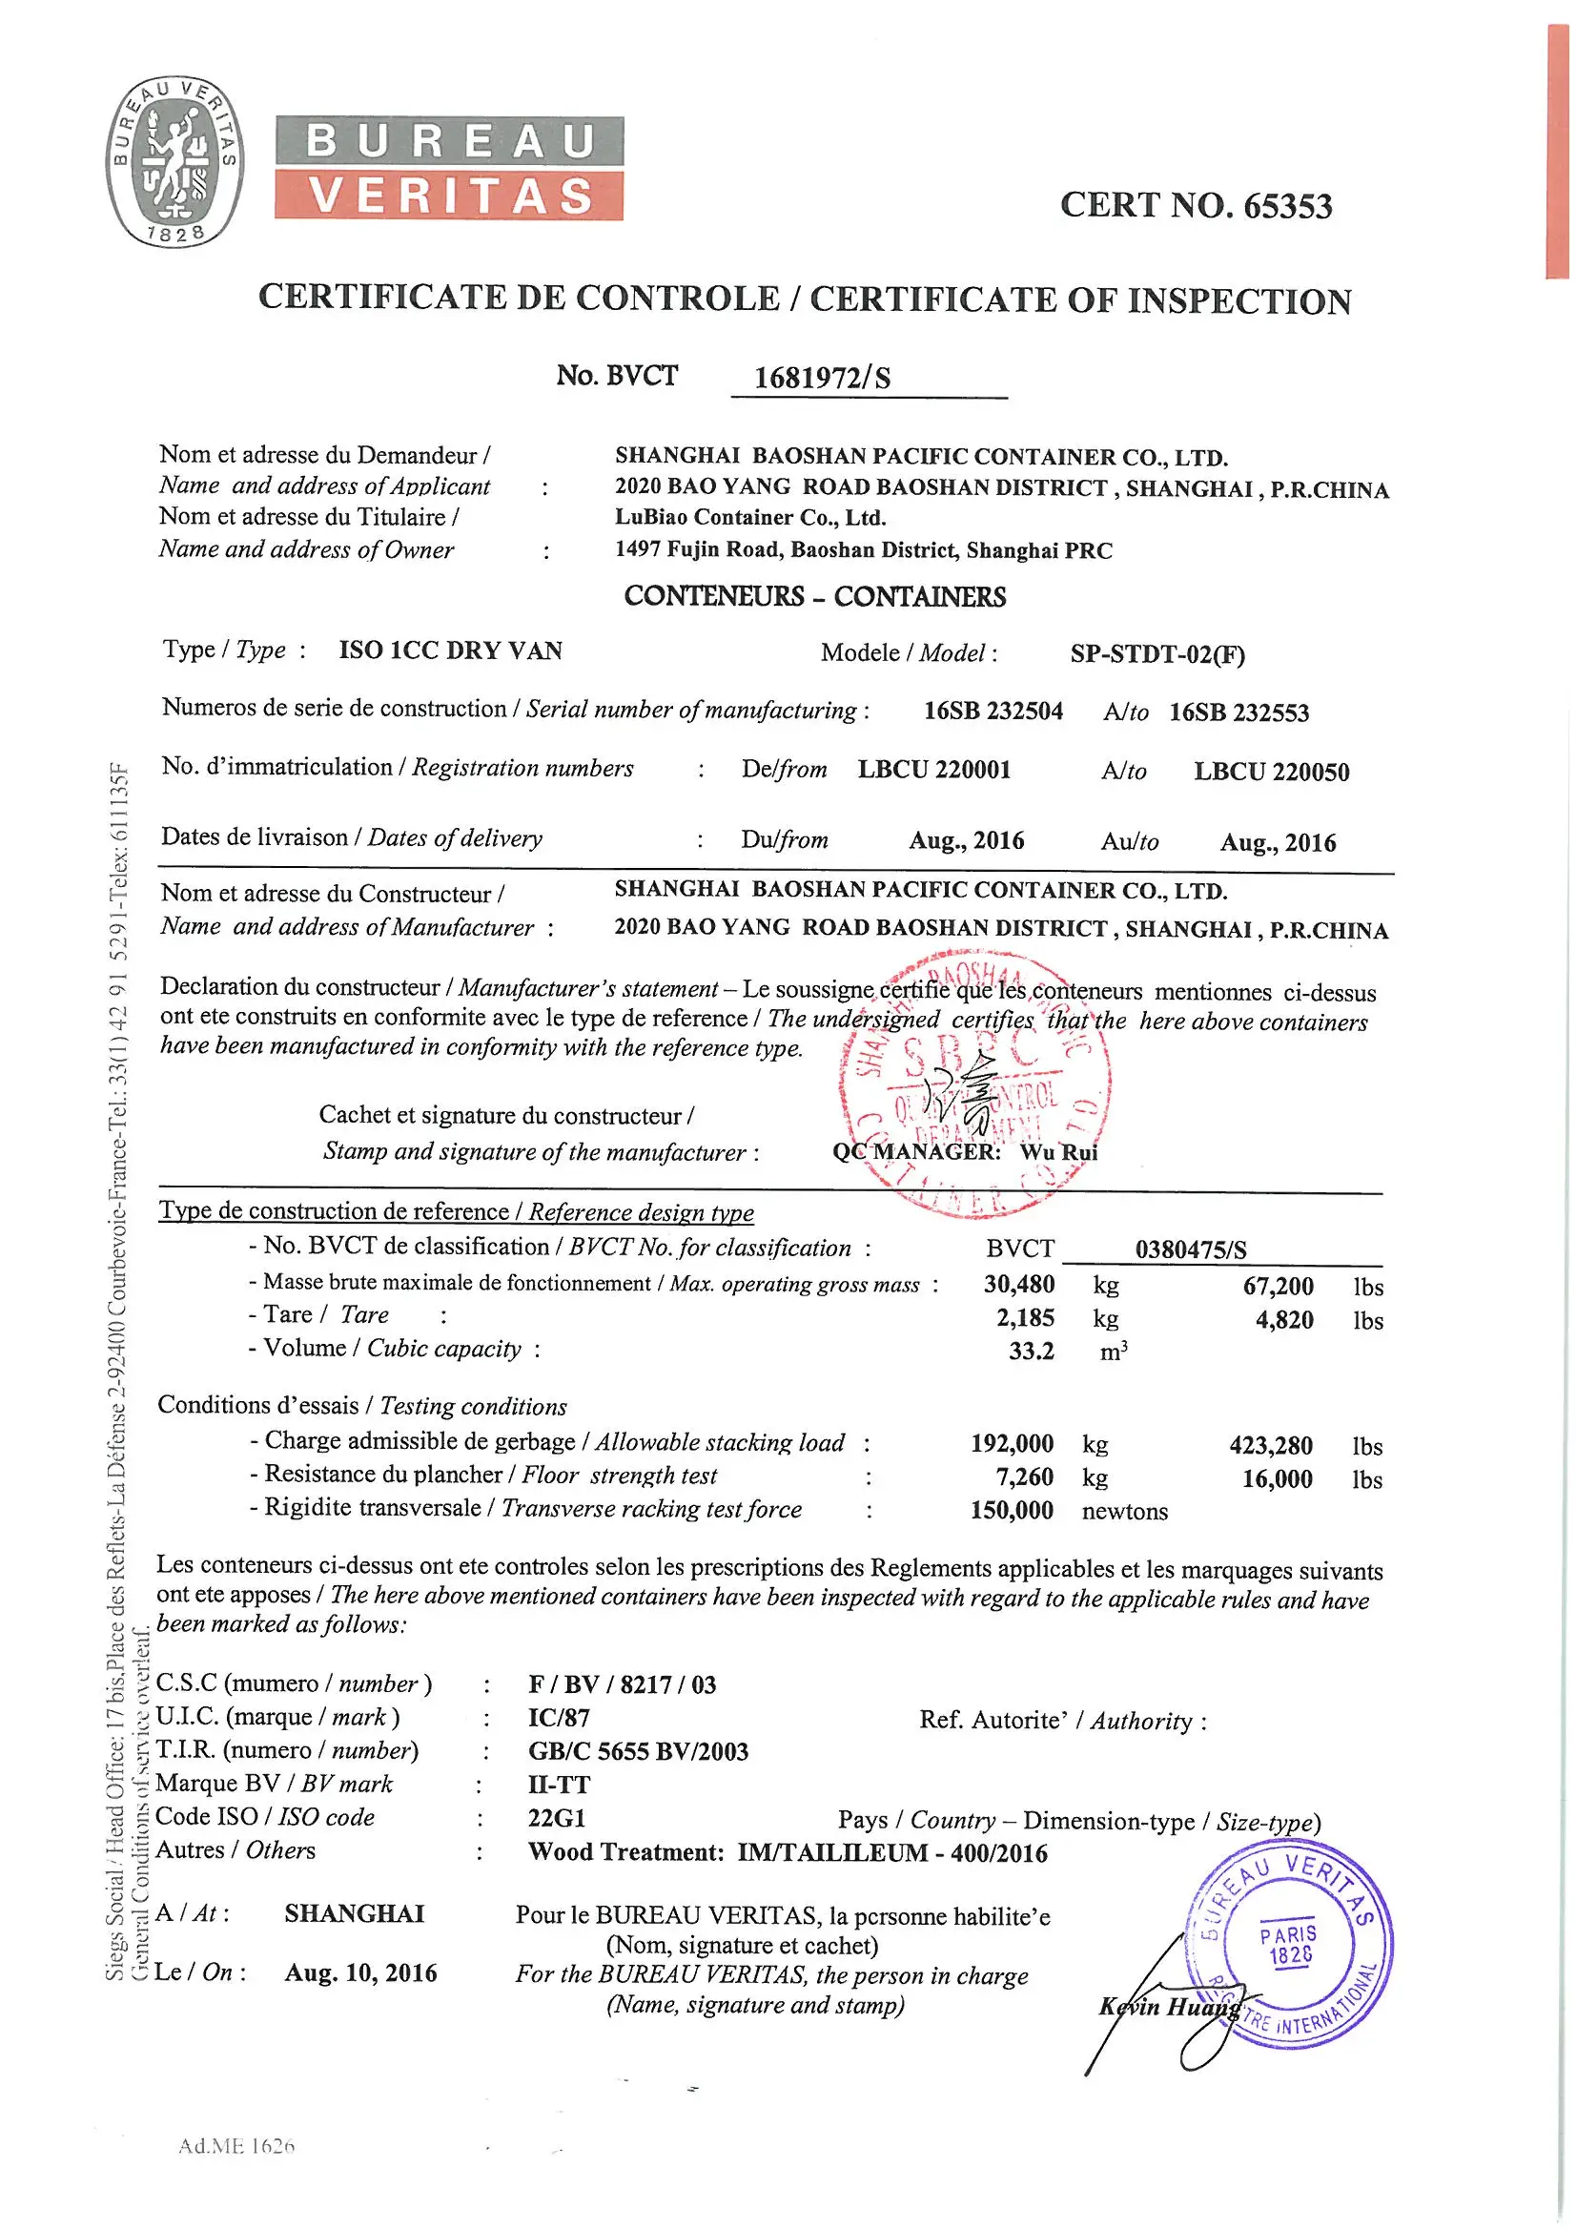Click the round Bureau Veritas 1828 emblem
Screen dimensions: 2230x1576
174,161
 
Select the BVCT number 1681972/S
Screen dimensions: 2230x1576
822,378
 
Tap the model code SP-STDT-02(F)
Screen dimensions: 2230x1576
1156,653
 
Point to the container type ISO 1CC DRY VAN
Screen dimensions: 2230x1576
451,650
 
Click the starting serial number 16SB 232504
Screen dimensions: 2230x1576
993,711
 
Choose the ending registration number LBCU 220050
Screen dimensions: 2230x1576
1271,773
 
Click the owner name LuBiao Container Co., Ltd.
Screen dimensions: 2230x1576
749,518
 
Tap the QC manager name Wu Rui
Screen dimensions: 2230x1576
1058,1152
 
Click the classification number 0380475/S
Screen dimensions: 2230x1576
1191,1250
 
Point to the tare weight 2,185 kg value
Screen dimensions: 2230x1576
1025,1318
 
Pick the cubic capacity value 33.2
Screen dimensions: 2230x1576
1031,1351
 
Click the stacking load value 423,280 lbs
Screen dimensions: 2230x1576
1270,1446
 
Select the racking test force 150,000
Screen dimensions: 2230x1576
1011,1510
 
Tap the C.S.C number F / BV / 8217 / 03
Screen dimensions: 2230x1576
622,1684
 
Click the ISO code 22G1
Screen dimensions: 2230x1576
557,1817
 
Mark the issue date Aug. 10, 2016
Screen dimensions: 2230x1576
360,1972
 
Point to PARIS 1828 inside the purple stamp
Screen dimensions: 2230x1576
1289,1945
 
